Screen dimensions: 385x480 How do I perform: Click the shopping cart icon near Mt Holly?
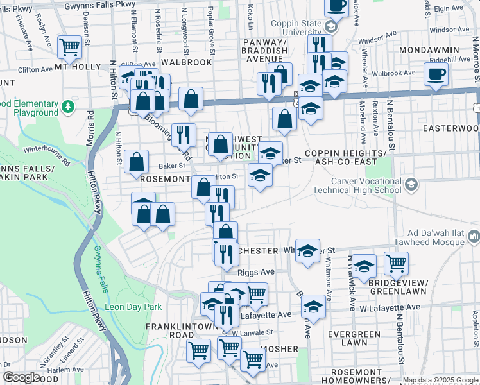click(69, 46)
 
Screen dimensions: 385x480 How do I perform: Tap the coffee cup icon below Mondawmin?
click(436, 74)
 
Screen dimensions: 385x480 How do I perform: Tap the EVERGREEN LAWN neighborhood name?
click(354, 339)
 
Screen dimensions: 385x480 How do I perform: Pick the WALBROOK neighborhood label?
click(186, 62)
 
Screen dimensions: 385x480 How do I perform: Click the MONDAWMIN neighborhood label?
click(429, 50)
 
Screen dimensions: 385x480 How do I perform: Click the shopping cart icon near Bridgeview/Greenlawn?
click(396, 262)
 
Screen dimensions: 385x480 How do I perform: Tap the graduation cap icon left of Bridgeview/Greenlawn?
click(364, 266)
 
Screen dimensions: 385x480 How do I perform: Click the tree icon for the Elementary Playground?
click(69, 105)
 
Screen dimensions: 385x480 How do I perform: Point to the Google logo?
click(22, 377)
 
